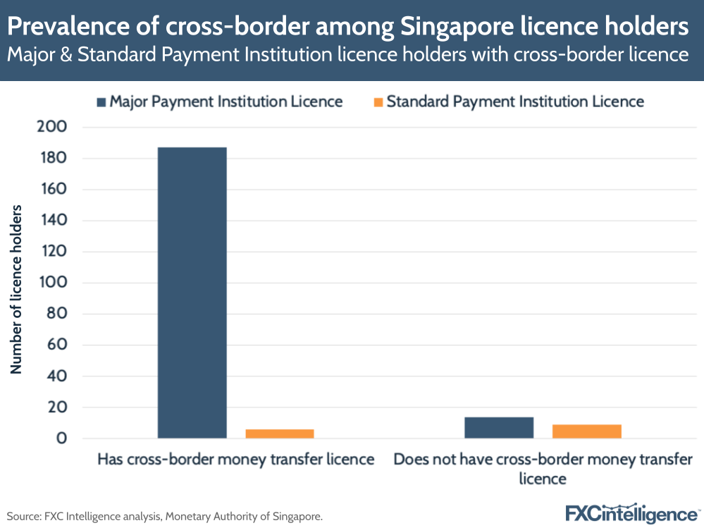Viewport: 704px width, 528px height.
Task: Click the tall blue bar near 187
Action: (192, 293)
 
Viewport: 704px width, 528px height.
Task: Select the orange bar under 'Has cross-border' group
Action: (280, 434)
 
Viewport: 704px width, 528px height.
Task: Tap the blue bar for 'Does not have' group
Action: (499, 427)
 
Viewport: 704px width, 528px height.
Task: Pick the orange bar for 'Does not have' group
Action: (587, 431)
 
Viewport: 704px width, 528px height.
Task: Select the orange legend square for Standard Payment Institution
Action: (378, 102)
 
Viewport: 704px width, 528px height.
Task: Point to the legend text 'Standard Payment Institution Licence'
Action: (515, 102)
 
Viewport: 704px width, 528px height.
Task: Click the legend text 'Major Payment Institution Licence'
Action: (226, 102)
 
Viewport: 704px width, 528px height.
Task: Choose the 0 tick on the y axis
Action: (61, 438)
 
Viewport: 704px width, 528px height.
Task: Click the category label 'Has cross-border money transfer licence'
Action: (235, 460)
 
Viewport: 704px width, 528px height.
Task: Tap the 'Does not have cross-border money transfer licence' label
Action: (543, 469)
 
